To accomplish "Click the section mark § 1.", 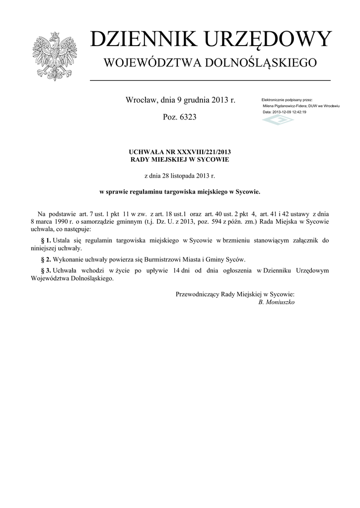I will (x=46, y=241).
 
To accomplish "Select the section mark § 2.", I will (x=46, y=259).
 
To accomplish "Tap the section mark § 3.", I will (x=46, y=270).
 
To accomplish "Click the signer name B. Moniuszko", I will (x=277, y=302).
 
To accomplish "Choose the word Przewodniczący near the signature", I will (x=200, y=294).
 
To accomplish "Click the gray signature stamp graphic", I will (x=278, y=120).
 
